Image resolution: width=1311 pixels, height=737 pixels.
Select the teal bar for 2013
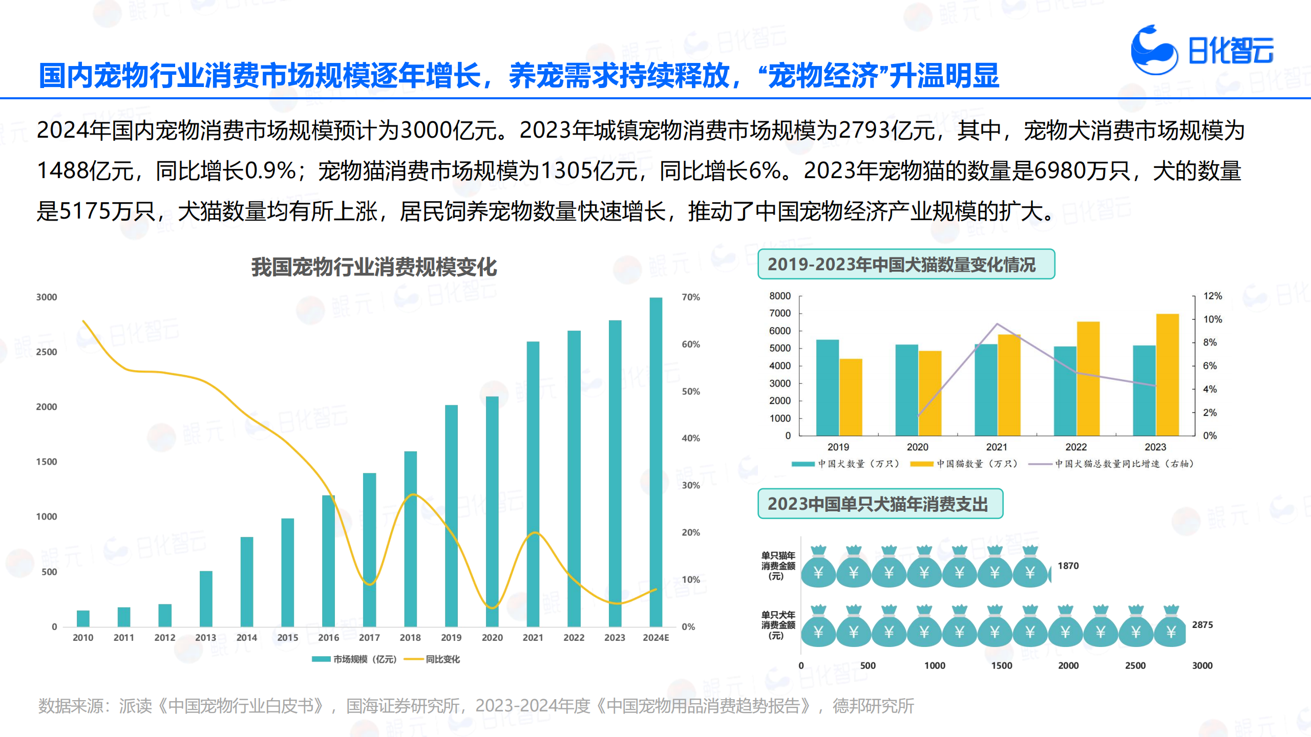(206, 598)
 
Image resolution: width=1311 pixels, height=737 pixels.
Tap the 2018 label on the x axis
(410, 638)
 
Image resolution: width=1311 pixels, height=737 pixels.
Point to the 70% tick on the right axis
(691, 297)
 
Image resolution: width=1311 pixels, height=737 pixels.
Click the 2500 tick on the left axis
(47, 352)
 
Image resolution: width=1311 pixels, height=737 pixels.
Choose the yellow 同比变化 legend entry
(433, 659)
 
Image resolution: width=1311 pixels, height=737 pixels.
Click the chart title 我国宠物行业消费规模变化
(374, 267)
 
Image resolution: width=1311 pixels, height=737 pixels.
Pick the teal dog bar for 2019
(827, 387)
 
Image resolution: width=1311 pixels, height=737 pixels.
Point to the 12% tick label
(1212, 296)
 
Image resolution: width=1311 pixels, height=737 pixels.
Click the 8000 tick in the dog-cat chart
(779, 296)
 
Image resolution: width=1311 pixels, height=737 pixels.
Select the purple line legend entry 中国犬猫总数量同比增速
(1111, 464)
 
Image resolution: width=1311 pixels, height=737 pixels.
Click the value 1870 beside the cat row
(1068, 566)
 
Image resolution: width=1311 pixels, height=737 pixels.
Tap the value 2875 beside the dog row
(1202, 625)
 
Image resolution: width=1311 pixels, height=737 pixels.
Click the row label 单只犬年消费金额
(777, 625)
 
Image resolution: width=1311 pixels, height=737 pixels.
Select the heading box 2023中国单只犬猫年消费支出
(880, 504)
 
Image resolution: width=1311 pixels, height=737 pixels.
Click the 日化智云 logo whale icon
(1153, 50)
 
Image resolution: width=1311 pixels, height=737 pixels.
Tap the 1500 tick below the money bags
(1001, 666)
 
